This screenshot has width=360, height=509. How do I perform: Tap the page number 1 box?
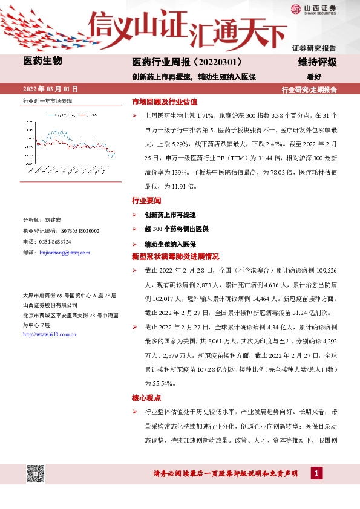[316, 473]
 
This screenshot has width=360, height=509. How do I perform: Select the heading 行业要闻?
[146, 200]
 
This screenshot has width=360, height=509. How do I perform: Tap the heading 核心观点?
[146, 398]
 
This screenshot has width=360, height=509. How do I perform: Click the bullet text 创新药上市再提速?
[170, 215]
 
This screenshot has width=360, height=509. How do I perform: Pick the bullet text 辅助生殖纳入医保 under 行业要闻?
[170, 244]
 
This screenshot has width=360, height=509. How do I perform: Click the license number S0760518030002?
[80, 231]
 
